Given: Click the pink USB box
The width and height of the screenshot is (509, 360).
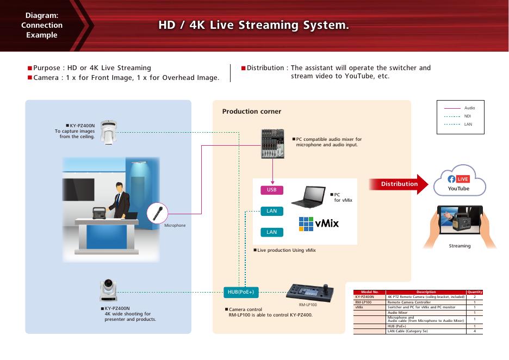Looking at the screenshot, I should (272, 190).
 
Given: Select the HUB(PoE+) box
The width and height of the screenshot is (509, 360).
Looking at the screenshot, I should (241, 292).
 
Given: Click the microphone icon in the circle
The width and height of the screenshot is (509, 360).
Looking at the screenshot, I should (157, 212).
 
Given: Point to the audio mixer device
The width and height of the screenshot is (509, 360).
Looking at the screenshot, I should (276, 144).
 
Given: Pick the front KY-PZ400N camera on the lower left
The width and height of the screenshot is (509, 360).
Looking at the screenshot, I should (108, 290).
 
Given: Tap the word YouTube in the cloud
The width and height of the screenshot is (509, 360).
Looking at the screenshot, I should (458, 189).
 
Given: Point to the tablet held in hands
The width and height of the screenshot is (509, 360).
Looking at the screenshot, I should (460, 222).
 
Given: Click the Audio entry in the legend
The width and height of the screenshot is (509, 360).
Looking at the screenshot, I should (469, 108).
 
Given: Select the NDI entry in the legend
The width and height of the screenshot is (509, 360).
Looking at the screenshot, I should (468, 116).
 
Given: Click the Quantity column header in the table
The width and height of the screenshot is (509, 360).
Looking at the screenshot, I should (475, 292).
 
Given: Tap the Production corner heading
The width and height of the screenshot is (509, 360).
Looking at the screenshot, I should (251, 111).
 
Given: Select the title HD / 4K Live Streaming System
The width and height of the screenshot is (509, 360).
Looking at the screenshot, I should (253, 26).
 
